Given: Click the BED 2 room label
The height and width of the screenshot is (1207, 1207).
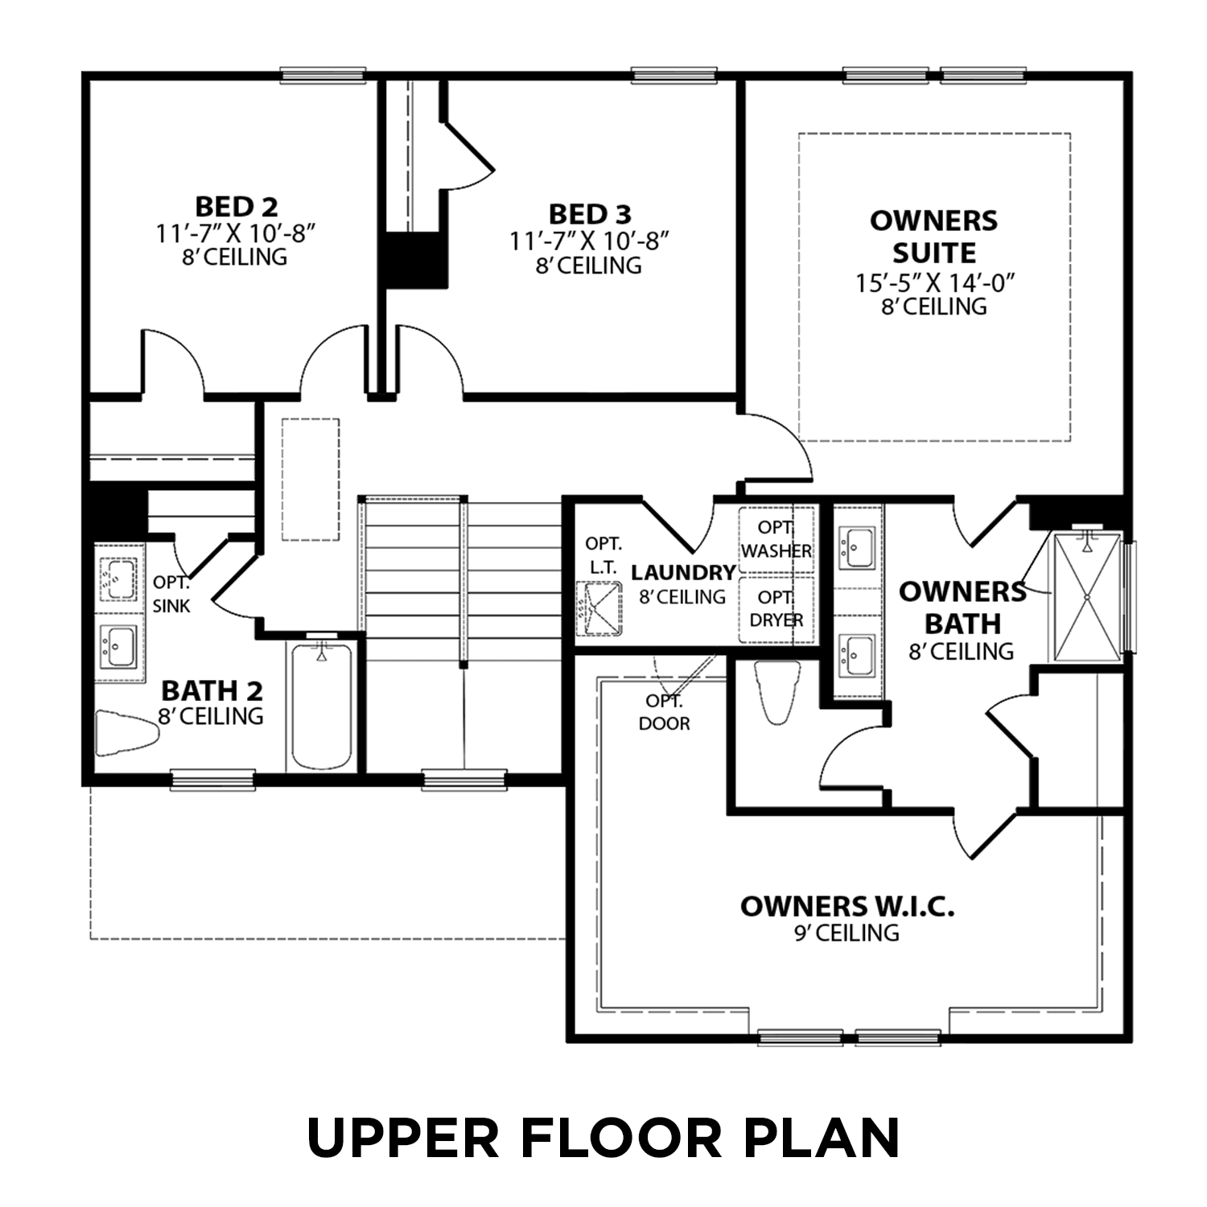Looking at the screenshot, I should click(x=236, y=207).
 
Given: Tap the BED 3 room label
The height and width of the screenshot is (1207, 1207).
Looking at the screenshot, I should click(x=590, y=215).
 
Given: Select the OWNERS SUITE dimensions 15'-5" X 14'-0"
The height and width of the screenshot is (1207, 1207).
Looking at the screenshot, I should click(x=934, y=283).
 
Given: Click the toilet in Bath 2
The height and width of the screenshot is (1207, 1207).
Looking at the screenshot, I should click(x=127, y=733).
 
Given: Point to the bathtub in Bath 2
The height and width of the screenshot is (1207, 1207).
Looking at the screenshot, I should click(x=321, y=705).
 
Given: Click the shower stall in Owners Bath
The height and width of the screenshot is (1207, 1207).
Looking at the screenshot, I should click(x=1086, y=596).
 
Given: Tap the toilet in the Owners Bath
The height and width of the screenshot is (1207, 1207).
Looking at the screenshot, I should click(x=777, y=691).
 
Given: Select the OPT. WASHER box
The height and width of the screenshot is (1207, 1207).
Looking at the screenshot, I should click(x=776, y=539).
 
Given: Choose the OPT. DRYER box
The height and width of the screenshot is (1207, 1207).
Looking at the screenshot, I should click(x=776, y=609).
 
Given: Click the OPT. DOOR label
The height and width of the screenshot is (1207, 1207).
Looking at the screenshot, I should click(x=664, y=713).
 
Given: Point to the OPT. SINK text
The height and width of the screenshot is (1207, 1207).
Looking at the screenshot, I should click(x=171, y=594).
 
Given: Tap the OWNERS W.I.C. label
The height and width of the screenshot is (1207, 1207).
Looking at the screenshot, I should click(x=847, y=907).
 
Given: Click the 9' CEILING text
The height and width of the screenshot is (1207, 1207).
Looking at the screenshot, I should click(x=847, y=933).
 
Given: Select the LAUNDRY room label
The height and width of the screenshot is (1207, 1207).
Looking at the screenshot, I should click(x=682, y=572).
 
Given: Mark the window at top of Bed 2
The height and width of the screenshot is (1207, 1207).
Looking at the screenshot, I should click(x=323, y=76).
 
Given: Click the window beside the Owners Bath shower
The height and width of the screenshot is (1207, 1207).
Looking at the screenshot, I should click(x=1129, y=596).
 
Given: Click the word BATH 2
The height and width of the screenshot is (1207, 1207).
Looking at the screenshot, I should click(x=212, y=690).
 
